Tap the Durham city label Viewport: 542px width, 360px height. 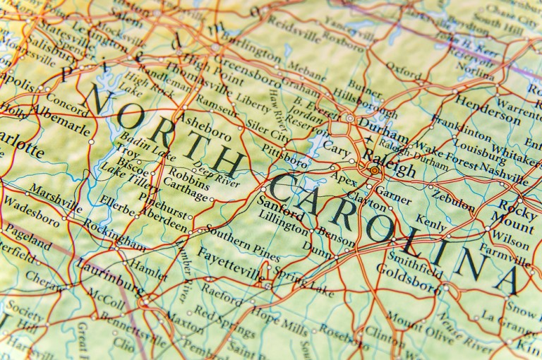383,132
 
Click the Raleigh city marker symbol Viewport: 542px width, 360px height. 373,169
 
